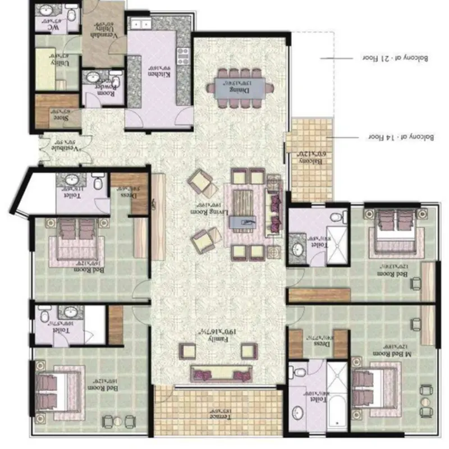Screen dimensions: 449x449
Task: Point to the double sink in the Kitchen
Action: (x=138, y=24)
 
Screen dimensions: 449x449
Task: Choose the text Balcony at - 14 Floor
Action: (x=396, y=136)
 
